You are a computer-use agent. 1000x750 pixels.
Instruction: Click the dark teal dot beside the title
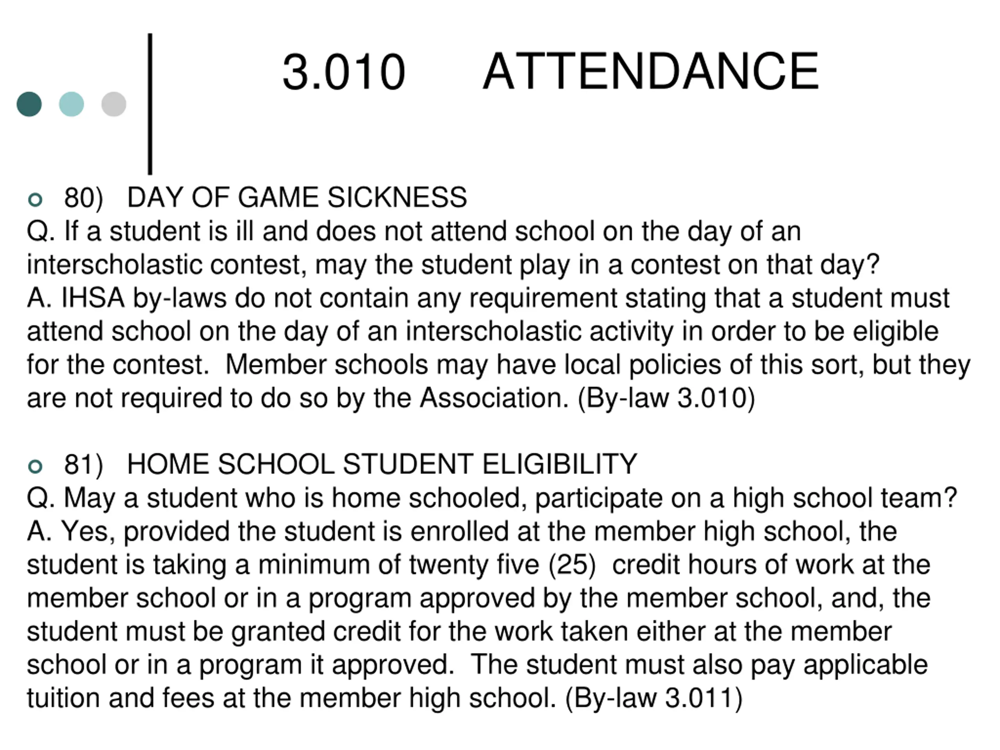(29, 104)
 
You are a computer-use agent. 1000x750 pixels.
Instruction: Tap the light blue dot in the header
(71, 104)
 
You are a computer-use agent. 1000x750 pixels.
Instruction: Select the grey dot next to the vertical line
(113, 104)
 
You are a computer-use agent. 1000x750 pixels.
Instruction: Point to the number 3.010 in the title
(344, 72)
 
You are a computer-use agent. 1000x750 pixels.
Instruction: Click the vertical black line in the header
(150, 104)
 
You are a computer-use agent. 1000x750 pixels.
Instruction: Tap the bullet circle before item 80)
(35, 199)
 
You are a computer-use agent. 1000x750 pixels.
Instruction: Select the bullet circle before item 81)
(35, 466)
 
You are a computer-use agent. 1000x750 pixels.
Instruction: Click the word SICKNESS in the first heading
(397, 198)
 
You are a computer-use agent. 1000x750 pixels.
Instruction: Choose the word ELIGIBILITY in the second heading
(560, 464)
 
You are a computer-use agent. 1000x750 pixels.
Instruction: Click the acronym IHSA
(93, 298)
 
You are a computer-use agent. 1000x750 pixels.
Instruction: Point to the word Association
(494, 398)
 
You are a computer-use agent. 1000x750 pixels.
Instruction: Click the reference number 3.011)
(704, 698)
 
